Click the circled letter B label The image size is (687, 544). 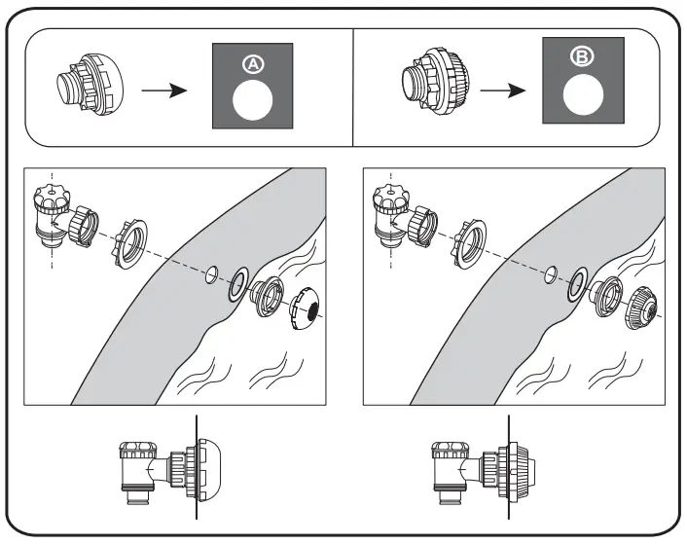click(581, 57)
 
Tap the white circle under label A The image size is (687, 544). click(252, 100)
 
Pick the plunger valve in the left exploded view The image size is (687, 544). click(50, 220)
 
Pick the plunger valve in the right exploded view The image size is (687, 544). click(393, 220)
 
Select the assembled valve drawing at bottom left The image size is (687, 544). click(162, 469)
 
